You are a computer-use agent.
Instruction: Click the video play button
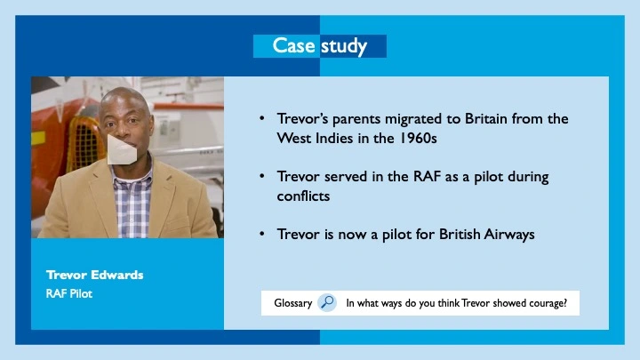(123, 148)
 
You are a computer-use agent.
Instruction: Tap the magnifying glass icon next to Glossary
(327, 302)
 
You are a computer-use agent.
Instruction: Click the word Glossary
(292, 303)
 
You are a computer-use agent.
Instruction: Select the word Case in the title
(293, 46)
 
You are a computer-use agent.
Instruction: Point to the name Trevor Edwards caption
(95, 275)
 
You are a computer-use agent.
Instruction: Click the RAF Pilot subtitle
(69, 292)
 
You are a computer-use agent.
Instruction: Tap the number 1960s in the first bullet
(416, 140)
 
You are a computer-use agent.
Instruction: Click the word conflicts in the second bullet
(303, 196)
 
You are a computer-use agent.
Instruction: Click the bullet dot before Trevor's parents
(261, 118)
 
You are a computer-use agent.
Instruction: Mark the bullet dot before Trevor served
(261, 176)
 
